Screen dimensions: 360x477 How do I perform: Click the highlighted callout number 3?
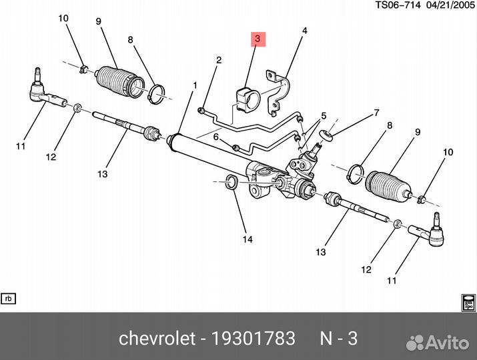[x=258, y=39]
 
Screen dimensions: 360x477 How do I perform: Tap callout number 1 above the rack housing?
[x=195, y=85]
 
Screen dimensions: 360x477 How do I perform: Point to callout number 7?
[x=376, y=113]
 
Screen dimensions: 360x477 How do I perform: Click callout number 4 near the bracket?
[x=304, y=31]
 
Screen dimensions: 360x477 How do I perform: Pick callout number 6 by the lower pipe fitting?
[x=216, y=137]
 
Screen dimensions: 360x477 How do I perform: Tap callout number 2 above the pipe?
[x=218, y=61]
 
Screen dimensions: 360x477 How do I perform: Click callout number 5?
[x=324, y=116]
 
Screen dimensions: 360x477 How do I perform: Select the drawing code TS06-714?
[x=398, y=6]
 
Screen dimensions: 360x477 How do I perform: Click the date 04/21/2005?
[x=448, y=6]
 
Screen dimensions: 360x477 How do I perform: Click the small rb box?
[x=9, y=298]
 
